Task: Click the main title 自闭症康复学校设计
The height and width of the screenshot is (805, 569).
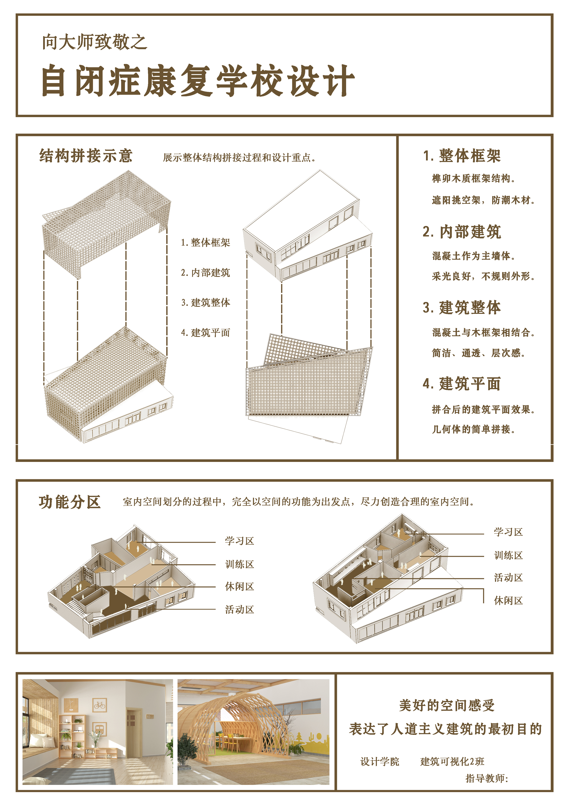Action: tap(198, 81)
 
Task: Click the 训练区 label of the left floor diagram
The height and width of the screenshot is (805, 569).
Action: tap(239, 564)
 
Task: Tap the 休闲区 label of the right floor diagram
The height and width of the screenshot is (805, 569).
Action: tap(508, 601)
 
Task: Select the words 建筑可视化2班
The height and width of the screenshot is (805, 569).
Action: tap(452, 761)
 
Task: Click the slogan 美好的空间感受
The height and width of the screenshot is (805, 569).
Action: tap(447, 705)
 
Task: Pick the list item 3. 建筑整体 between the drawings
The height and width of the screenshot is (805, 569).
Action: tap(206, 302)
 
